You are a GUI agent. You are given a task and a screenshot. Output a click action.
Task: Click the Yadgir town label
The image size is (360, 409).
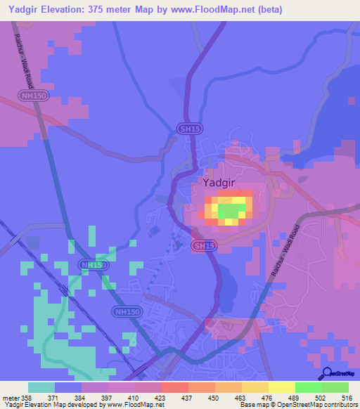click(x=219, y=183)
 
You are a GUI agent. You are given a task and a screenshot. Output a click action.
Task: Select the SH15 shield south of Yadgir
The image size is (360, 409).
click(x=202, y=245)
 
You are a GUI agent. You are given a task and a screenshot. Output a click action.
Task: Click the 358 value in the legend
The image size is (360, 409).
click(x=28, y=398)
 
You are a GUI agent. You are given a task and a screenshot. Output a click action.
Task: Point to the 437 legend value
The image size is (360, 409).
click(x=188, y=398)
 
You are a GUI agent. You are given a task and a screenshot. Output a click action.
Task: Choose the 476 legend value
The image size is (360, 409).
click(x=268, y=398)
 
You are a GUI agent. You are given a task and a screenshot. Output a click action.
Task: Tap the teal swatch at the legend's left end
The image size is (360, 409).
click(x=41, y=387)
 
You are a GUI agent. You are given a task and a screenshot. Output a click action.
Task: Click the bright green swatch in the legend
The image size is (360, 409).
click(x=309, y=387)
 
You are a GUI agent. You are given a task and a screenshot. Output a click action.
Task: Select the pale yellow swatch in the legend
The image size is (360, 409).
click(x=282, y=387)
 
